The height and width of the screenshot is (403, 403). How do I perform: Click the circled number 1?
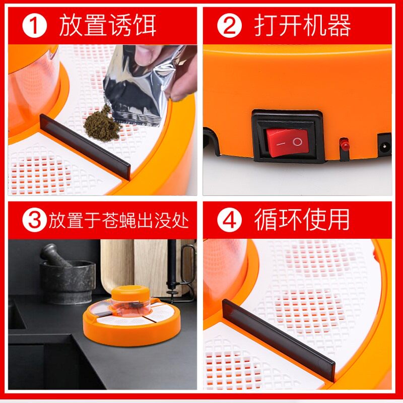tap(34, 26)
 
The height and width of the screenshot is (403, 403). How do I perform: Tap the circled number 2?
tap(229, 26)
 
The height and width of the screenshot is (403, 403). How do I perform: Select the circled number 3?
tap(34, 220)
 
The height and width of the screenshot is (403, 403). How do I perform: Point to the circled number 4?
tap(229, 220)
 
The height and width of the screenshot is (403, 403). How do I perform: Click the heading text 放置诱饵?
tap(107, 26)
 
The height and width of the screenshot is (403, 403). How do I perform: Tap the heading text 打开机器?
tap(303, 26)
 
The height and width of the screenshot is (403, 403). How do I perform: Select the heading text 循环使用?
tap(302, 220)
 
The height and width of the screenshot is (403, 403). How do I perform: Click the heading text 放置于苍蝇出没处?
tap(118, 221)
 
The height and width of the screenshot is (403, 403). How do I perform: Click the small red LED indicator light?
tap(344, 145)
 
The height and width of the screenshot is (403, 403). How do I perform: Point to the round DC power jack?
tap(385, 148)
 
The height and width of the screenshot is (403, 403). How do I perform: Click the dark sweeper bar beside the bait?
tap(85, 147)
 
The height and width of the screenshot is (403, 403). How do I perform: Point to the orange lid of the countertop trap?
tap(130, 293)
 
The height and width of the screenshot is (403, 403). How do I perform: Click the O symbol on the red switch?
tap(297, 142)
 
